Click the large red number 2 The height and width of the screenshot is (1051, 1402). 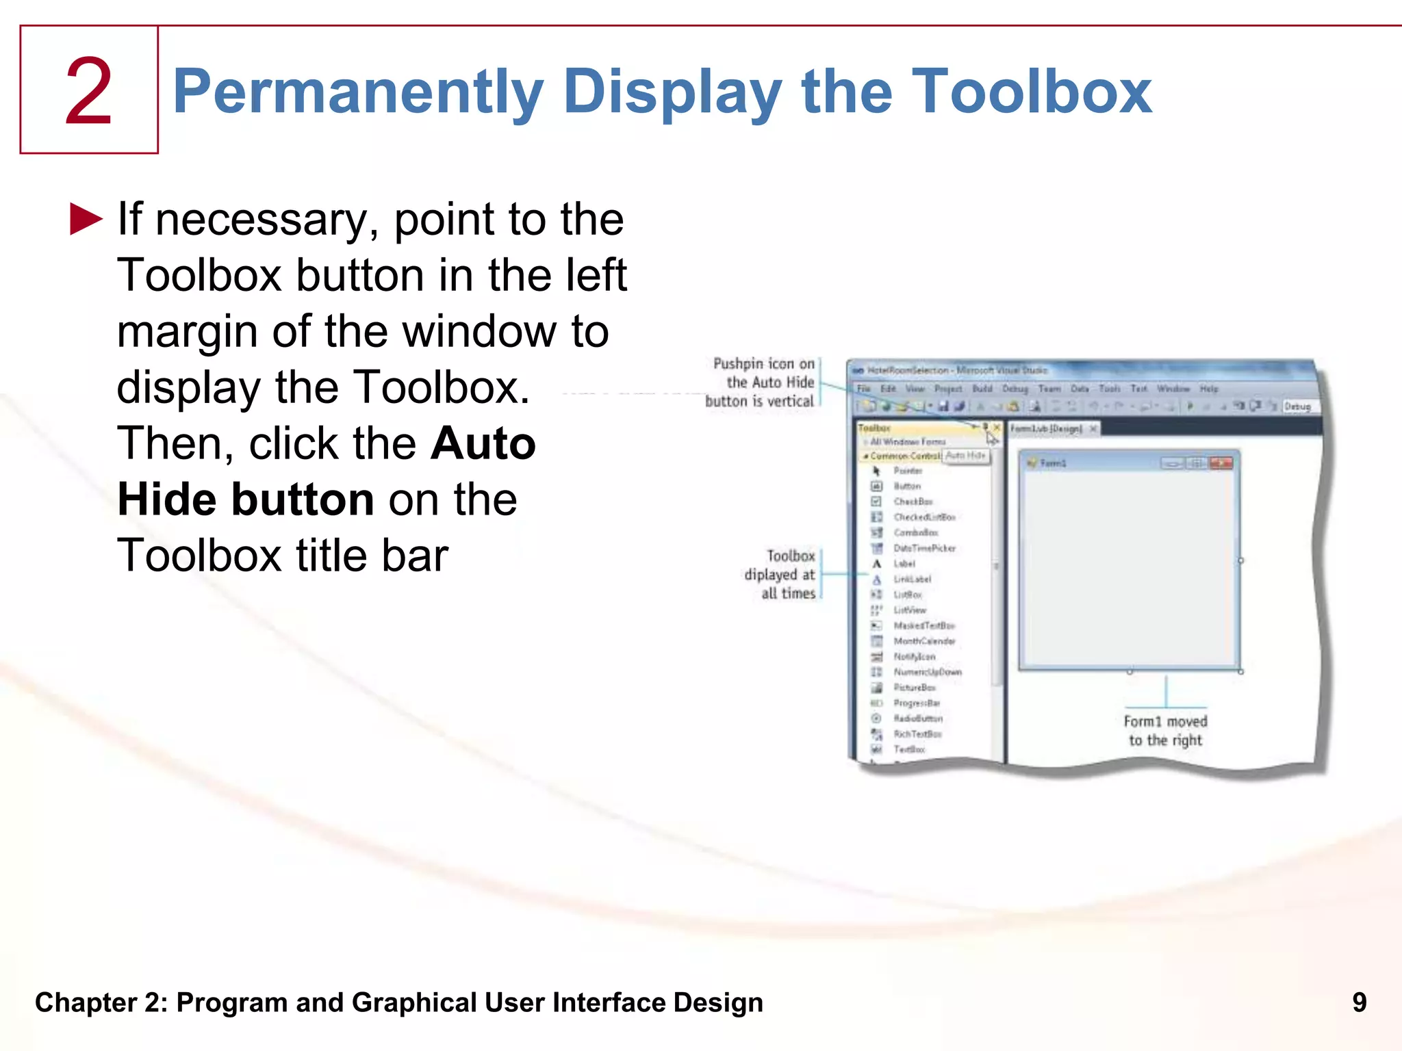(88, 92)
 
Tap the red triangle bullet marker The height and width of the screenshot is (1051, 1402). (86, 219)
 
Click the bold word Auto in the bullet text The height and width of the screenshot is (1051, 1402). (483, 443)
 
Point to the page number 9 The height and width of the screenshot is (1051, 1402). (1359, 1002)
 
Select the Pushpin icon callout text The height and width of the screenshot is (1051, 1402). (763, 382)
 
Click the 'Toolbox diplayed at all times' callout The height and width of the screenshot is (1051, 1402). (782, 575)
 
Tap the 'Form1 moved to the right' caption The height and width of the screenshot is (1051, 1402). (1165, 731)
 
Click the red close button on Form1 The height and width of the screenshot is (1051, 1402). (1221, 463)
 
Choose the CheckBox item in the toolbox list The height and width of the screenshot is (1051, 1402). (913, 502)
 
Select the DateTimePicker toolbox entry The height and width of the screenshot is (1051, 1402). (923, 548)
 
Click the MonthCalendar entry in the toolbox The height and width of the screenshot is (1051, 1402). (923, 641)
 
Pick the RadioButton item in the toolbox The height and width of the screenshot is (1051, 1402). (917, 718)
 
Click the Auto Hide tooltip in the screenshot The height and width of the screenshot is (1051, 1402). (965, 456)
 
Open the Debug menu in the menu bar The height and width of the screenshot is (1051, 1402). (1015, 389)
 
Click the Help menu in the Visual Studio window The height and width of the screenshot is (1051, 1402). (1209, 389)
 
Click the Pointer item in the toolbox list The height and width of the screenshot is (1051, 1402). (908, 471)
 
